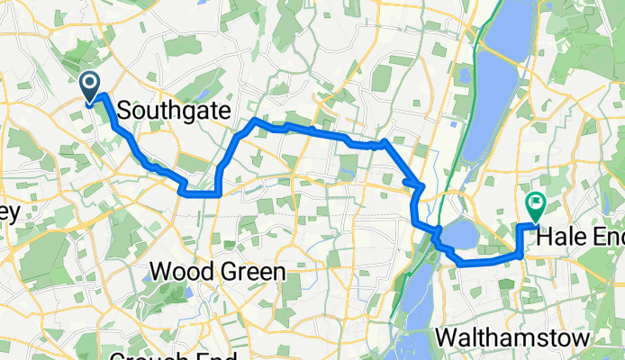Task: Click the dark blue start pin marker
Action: coord(91,86)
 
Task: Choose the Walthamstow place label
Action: coord(512,337)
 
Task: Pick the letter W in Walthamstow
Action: coord(447,337)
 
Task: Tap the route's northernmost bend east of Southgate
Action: coord(256,120)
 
